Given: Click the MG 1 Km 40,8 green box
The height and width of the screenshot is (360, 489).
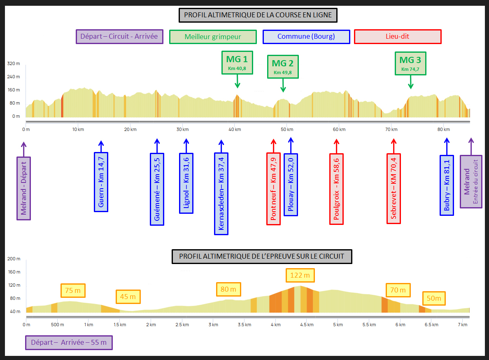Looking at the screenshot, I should point(238,62).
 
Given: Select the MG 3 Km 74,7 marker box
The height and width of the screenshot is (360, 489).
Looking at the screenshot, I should point(410,63).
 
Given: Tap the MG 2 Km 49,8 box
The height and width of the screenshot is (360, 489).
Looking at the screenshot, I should point(283,66).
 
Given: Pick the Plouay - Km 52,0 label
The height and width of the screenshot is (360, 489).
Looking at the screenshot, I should point(291,185).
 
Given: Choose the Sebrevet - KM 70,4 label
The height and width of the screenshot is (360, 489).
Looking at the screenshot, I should point(394,189).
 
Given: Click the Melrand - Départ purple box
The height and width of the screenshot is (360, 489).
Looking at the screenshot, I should point(23,188).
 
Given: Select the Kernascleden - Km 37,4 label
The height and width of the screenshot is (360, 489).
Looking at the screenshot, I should point(221,194).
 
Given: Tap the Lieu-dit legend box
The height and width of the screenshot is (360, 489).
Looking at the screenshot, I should point(398,37).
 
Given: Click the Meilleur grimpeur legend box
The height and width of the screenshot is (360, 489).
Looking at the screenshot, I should point(213,37).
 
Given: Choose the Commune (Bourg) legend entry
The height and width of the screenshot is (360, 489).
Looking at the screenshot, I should point(306,37).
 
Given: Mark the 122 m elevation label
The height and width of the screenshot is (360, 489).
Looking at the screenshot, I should point(300,275).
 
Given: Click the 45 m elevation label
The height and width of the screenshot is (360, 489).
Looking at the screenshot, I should point(128,297).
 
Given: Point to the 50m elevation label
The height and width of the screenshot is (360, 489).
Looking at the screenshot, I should point(434,298).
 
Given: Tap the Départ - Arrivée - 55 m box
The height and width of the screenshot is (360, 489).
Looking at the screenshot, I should point(69,343).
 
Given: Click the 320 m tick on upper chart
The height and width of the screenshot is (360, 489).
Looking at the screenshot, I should point(14,64).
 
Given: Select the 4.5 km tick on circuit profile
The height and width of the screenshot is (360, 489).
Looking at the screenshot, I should point(307,325).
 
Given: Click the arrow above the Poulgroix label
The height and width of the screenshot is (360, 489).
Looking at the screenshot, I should point(337,145).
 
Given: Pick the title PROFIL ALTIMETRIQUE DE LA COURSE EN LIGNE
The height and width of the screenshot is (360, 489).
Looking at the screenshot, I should point(258,15).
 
